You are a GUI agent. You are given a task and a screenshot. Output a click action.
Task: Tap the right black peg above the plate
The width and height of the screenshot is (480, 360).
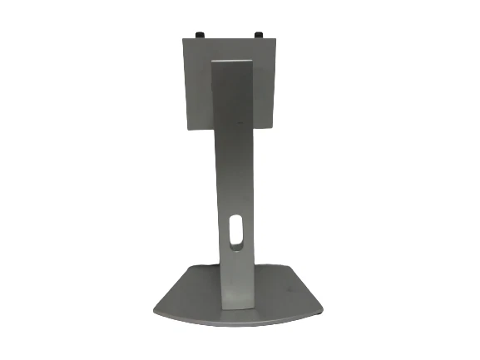tap(257, 34)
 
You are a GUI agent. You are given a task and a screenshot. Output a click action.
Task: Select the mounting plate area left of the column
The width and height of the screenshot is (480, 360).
tap(198, 83)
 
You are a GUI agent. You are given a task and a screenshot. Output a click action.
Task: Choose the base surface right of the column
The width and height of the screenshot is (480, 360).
tap(283, 295)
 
